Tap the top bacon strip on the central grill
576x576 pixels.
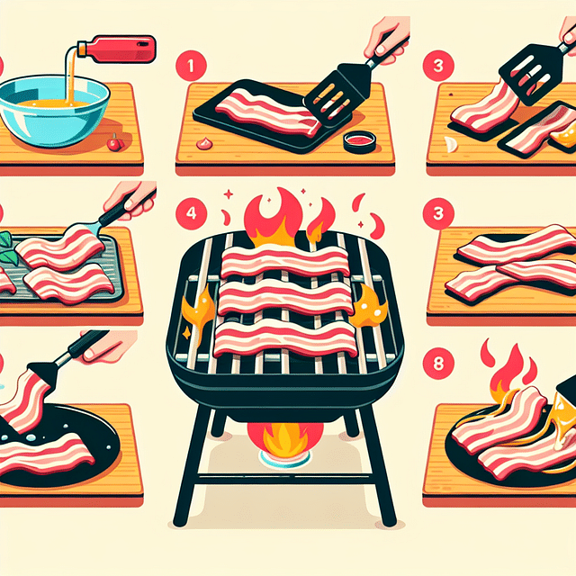[x=284, y=262]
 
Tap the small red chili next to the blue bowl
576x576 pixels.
[x=113, y=143]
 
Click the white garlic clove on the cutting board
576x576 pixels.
[x=449, y=145]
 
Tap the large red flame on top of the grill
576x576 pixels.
[x=269, y=217]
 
